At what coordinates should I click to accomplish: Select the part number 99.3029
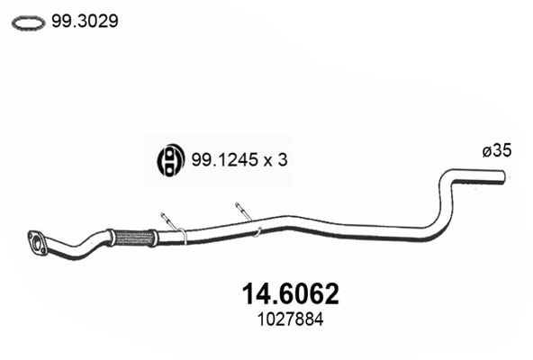coord(84,22)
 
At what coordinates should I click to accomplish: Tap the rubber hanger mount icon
coord(169,160)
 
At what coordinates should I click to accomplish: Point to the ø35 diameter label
coord(497,152)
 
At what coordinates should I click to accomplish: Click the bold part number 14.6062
coord(291,293)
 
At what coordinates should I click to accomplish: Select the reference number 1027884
coord(291,319)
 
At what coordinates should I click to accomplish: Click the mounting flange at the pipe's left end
coord(39,240)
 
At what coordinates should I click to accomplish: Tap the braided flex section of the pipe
coord(135,238)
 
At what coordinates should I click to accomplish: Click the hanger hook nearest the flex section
coord(168,221)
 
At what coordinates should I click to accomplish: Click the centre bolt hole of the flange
coord(39,240)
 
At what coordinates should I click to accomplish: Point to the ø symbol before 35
coord(487,152)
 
